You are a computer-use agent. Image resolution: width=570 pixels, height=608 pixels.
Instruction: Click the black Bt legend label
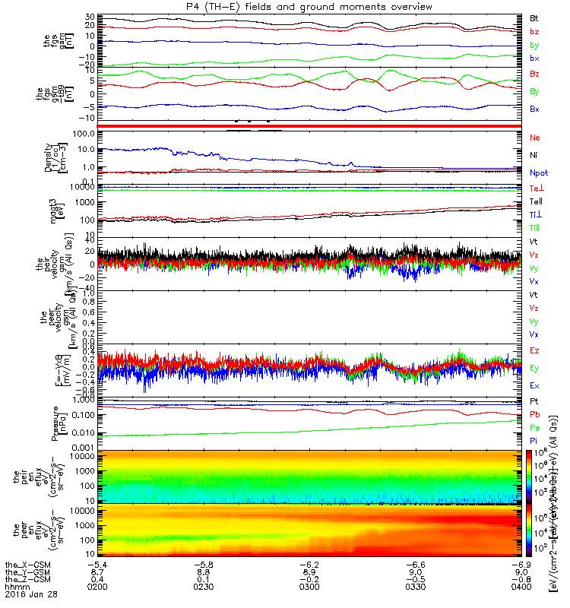pos(535,17)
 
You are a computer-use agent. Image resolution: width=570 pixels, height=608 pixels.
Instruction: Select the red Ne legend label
pos(535,138)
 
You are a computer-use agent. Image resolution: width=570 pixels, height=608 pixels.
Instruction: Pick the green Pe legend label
pos(535,429)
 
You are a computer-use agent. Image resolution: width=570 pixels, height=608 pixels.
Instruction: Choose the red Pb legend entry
pos(535,415)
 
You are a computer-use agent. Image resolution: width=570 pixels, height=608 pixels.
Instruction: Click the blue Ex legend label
pos(535,385)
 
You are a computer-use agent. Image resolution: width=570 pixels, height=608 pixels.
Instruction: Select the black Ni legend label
pos(534,156)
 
